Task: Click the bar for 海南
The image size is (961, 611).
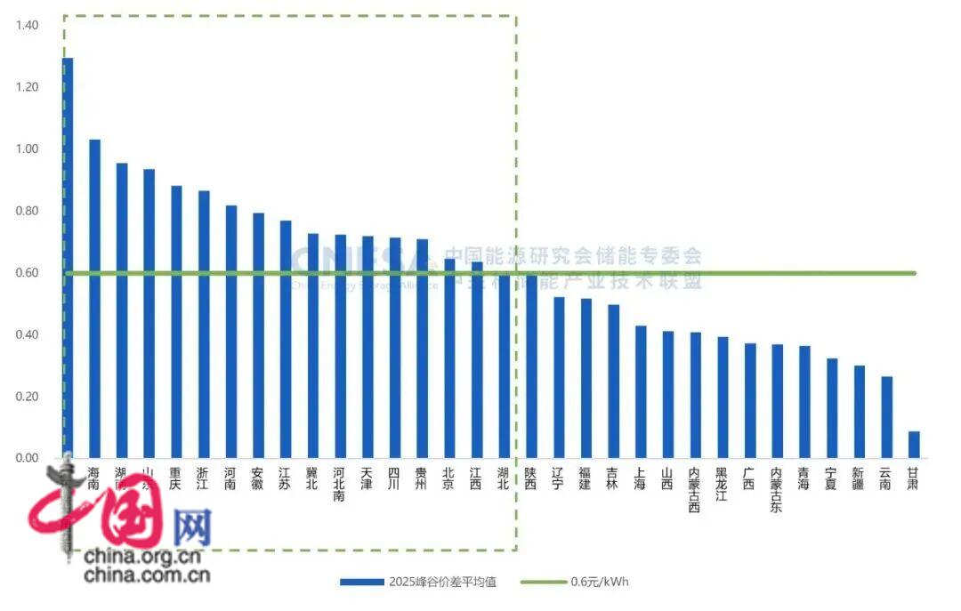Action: tap(94, 298)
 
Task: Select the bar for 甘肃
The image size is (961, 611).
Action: tap(914, 444)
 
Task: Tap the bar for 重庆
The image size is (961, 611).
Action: tap(176, 321)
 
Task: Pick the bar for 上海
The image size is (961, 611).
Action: tap(641, 391)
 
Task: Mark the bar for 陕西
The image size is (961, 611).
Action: tap(531, 366)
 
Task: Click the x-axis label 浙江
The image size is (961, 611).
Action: tap(204, 478)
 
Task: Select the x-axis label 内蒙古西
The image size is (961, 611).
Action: tap(695, 490)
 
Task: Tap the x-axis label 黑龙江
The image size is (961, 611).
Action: tap(723, 484)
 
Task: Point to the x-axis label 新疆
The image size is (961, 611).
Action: tap(859, 478)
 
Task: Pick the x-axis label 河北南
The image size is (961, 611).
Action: tap(340, 484)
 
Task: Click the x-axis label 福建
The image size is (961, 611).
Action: tap(585, 478)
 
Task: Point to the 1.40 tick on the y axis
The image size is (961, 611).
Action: tap(27, 26)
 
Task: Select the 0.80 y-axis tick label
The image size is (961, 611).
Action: tap(27, 211)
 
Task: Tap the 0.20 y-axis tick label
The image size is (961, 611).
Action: tap(27, 397)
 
